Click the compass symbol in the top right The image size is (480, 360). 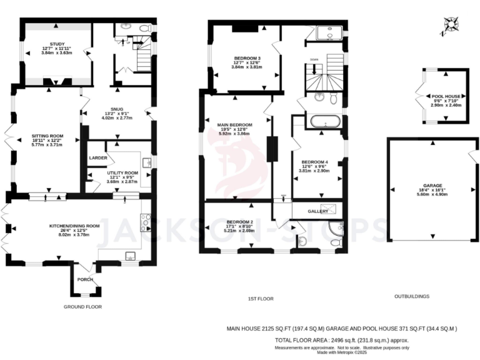[451, 26]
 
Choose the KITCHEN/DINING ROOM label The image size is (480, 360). [74, 226]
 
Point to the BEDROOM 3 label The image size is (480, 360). [241, 57]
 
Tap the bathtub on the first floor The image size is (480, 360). [323, 121]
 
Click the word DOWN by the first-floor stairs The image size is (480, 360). [314, 59]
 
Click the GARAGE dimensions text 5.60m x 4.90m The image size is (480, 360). [431, 194]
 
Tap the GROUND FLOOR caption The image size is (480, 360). [82, 307]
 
